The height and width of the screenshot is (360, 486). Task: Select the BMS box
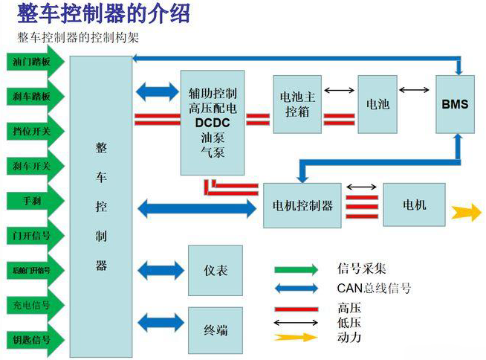pos(455,104)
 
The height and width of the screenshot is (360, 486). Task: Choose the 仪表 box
pos(215,271)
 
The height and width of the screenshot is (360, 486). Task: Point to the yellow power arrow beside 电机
pos(466,211)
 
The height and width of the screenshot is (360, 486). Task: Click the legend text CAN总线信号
pos(373,288)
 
